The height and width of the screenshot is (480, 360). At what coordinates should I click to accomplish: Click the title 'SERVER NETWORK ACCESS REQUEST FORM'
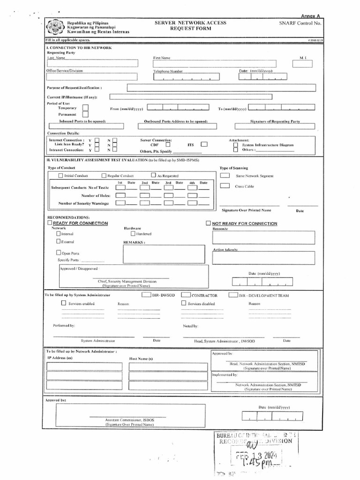tap(190, 26)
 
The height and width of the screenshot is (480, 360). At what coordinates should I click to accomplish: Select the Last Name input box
tap(92, 64)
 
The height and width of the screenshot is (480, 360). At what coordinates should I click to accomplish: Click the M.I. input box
tap(302, 64)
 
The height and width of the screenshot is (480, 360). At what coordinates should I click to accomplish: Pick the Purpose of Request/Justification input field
tap(221, 88)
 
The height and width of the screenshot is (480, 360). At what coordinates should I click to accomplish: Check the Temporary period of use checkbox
tap(85, 108)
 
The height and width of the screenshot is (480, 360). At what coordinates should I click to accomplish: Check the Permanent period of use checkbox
tap(85, 114)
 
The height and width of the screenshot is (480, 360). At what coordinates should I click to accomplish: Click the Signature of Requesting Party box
tap(275, 126)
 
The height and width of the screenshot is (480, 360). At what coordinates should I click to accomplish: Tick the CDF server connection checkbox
tap(167, 145)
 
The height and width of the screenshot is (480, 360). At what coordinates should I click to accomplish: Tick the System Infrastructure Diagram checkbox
tap(236, 145)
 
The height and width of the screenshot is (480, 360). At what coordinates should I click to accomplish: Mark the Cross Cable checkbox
tap(225, 186)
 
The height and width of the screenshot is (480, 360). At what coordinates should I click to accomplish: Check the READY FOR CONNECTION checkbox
tap(50, 224)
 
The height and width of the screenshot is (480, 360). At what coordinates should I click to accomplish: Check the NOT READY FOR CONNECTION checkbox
tap(208, 224)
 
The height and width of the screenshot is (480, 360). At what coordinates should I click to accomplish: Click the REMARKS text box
tap(164, 255)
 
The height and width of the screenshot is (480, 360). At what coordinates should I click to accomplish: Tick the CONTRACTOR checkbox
tap(185, 295)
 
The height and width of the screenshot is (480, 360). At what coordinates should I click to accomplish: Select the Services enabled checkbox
tap(64, 303)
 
